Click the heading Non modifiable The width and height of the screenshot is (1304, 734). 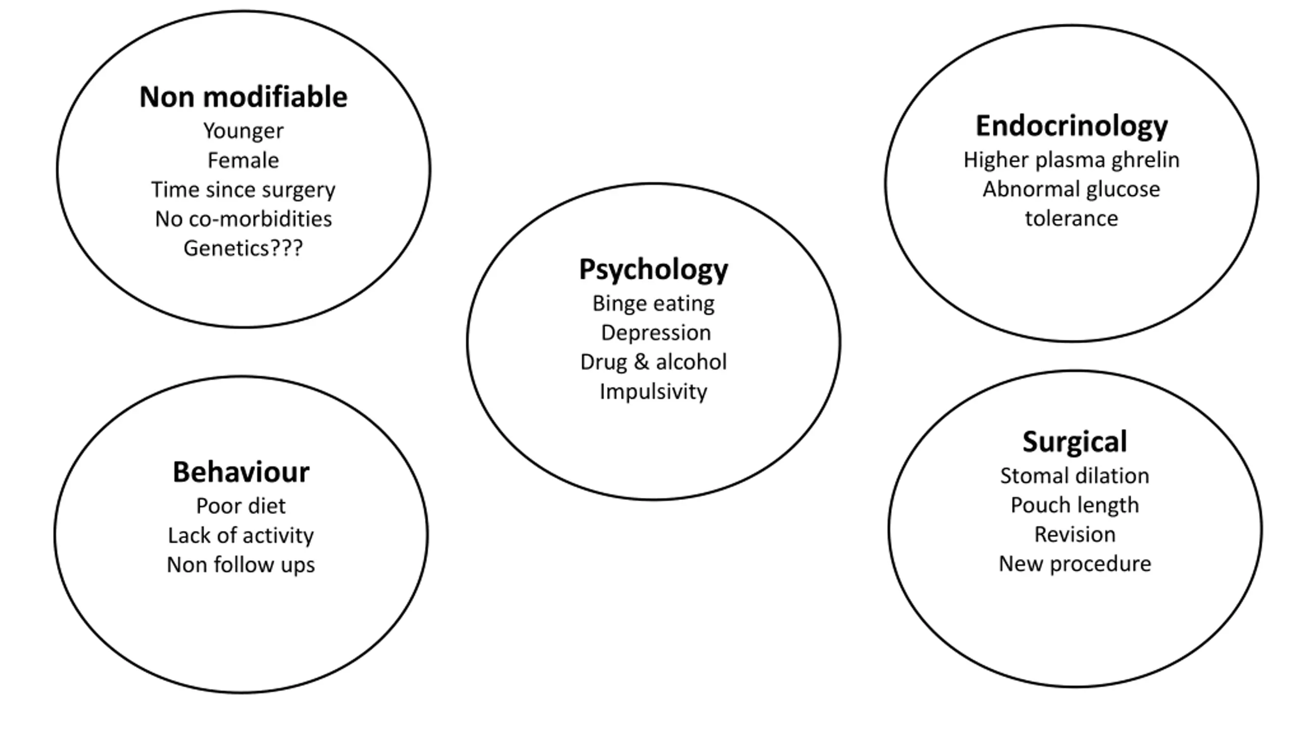click(243, 97)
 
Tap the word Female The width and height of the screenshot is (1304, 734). click(243, 160)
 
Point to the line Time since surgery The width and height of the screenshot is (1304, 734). click(243, 190)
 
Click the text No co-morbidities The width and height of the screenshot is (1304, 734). click(243, 219)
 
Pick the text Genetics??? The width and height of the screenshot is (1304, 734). click(243, 249)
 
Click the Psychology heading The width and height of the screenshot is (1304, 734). click(654, 270)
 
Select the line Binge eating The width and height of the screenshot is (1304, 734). click(654, 304)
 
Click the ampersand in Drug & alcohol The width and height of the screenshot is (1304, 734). click(641, 362)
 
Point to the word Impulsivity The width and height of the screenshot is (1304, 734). click(654, 392)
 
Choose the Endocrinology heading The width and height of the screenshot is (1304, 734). click(1072, 126)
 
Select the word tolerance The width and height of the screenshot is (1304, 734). click(1072, 219)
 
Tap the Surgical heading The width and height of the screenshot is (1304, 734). click(1075, 442)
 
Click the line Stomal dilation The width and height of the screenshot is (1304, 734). click(1075, 476)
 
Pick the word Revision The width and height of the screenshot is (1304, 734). click(1075, 535)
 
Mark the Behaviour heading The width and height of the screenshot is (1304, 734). click(241, 472)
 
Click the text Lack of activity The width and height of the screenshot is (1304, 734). click(241, 536)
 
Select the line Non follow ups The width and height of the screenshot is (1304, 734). click(241, 565)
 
